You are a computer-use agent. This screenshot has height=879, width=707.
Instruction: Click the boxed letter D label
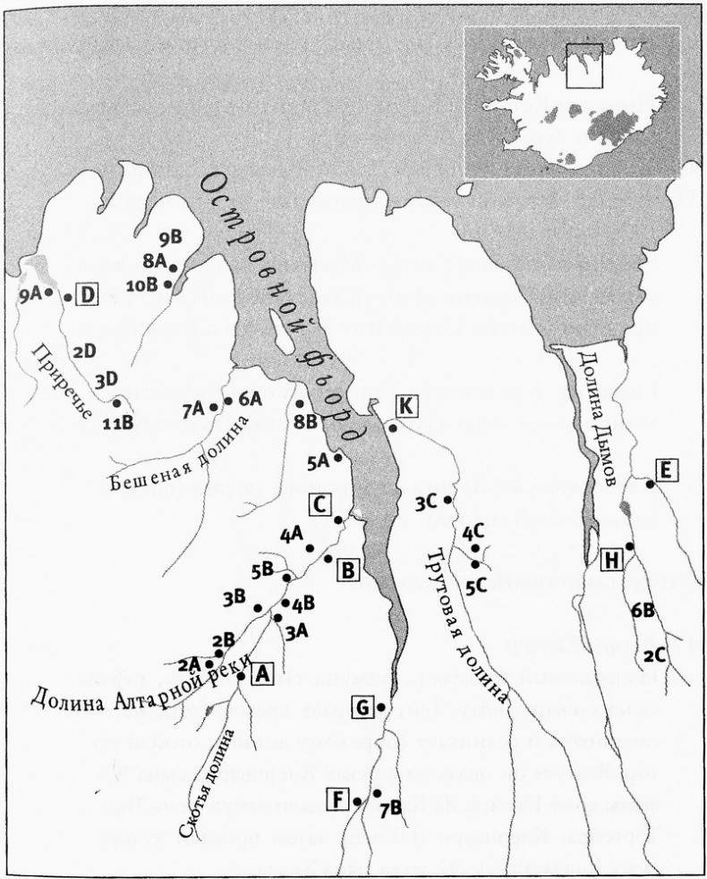coord(87,294)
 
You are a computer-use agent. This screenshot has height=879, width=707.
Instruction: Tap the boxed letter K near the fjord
coord(405,406)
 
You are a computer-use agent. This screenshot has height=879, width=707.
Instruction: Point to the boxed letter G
coord(362,708)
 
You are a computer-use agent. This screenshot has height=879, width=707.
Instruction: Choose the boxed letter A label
coord(262,674)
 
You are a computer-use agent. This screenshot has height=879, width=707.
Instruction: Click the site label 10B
coord(141,285)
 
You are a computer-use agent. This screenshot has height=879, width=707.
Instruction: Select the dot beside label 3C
coord(447,500)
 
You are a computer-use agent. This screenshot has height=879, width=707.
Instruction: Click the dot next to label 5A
coord(338,458)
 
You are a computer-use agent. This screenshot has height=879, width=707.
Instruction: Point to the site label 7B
coord(388,810)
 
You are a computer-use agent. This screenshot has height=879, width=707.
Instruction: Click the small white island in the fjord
coord(278,335)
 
